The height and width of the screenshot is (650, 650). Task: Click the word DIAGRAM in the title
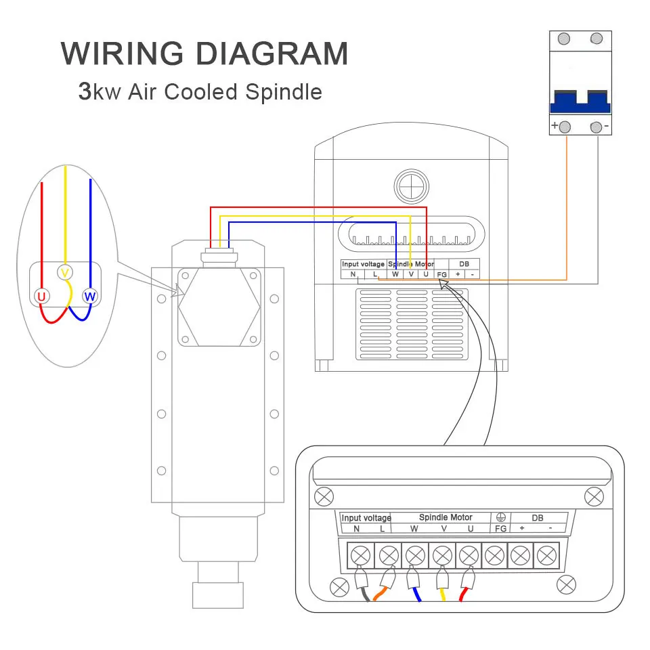coord(272,53)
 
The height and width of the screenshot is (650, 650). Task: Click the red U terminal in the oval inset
coord(41,297)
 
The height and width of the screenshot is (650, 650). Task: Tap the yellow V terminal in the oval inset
coord(65,272)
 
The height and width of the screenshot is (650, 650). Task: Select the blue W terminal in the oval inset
coord(90,297)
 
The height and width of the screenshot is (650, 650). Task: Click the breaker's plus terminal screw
coord(565,127)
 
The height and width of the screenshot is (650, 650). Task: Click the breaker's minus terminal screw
coord(596,127)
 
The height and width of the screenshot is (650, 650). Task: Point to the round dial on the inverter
coord(411,186)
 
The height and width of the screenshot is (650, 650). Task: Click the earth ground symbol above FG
coord(501,517)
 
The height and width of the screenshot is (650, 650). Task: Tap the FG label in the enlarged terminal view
coord(501,529)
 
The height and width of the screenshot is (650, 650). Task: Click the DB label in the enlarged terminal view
coord(537,518)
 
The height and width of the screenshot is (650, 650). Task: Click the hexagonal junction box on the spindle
coord(219,307)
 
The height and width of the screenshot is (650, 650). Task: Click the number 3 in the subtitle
coord(85,91)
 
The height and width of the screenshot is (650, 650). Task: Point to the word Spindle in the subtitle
coord(284,92)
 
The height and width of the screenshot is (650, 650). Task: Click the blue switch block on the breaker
coord(580,102)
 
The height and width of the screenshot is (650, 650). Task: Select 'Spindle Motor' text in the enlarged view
coord(446,517)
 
